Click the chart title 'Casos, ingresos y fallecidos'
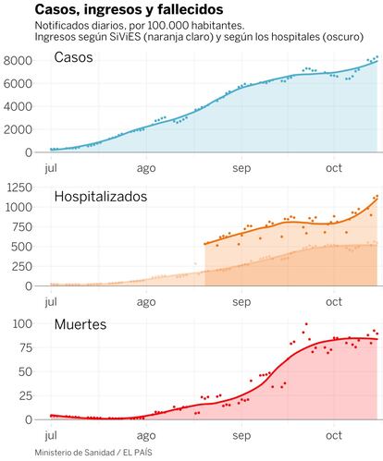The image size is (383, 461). tap(129, 9)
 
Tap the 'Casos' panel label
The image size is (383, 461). tap(73, 57)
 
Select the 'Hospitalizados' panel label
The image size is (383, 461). tap(101, 197)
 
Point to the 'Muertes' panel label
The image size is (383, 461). tap(80, 324)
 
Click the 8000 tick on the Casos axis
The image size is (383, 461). tap(18, 60)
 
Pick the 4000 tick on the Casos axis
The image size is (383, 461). tap(18, 106)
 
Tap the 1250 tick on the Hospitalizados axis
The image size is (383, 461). tap(19, 188)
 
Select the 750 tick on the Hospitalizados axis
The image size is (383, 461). tap(21, 227)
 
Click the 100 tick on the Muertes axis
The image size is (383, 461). tap(22, 323)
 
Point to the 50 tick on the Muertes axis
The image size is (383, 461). tap(25, 371)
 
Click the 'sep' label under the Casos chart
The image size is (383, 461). tap(241, 168)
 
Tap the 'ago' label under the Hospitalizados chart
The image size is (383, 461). tap(146, 302)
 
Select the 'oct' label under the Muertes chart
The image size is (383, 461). tap(334, 435)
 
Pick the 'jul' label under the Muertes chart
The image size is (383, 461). tap(51, 435)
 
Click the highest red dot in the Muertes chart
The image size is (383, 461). tap(306, 324)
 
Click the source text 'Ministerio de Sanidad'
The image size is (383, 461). tap(75, 453)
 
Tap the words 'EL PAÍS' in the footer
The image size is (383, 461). tap(138, 453)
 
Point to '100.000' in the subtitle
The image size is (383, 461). tap(166, 26)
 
